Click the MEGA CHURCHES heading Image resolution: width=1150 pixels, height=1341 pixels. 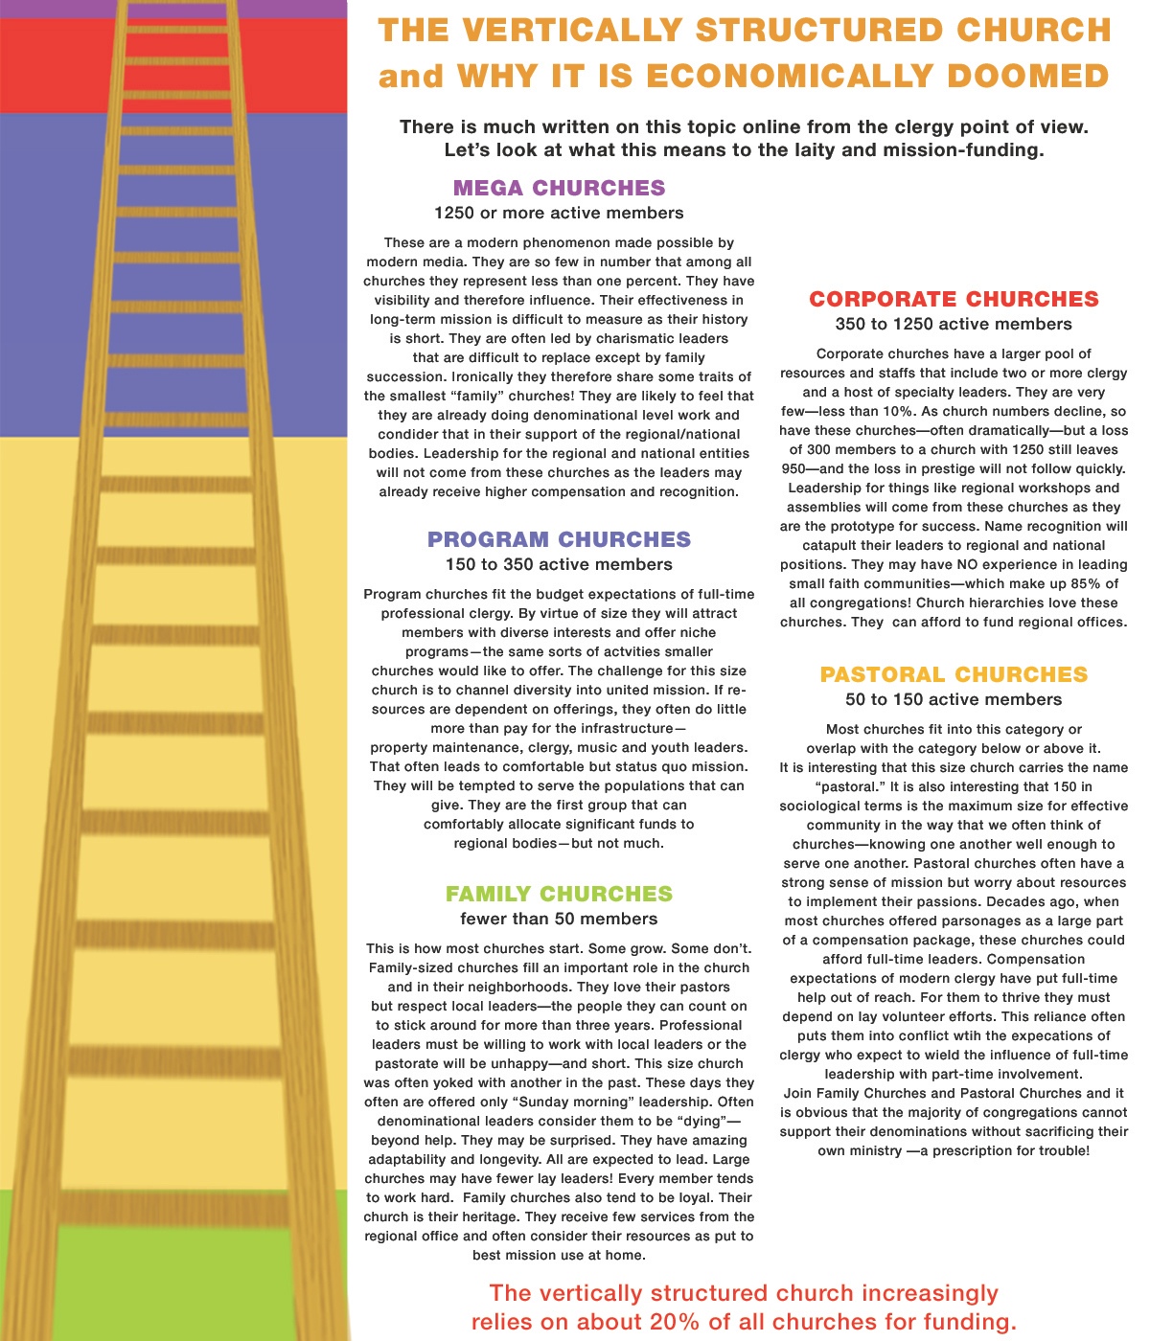point(559,188)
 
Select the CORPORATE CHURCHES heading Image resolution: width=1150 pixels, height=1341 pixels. point(954,299)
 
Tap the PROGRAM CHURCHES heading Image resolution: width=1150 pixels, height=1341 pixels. point(559,539)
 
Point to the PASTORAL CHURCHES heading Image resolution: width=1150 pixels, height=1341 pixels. point(954,674)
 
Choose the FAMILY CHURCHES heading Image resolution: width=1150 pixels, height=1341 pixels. point(559,894)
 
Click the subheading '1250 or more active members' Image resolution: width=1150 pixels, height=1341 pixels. point(559,213)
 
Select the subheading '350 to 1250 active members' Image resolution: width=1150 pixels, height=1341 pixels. point(954,324)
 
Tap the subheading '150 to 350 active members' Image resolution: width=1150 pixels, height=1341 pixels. point(559,564)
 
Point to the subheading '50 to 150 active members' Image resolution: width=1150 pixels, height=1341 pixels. point(954,699)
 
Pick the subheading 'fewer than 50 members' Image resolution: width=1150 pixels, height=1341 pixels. point(559,919)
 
